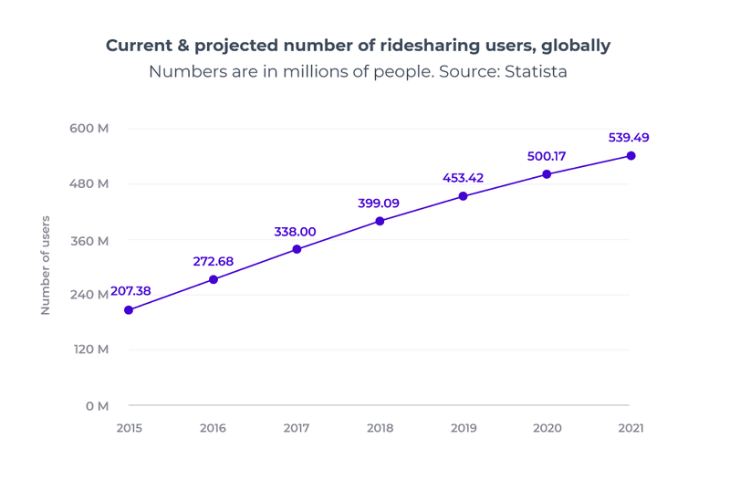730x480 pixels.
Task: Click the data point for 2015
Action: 129,310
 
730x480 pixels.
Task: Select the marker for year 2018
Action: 380,221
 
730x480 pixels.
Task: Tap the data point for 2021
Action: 631,156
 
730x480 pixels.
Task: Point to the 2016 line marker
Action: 214,279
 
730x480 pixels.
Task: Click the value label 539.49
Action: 629,138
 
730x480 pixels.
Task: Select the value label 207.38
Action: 130,291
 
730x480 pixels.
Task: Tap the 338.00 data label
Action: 295,232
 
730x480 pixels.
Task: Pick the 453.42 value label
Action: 463,178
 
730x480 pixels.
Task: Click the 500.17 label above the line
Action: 547,156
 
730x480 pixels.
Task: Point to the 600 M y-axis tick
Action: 89,129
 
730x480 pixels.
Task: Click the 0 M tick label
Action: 97,405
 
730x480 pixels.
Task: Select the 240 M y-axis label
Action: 89,294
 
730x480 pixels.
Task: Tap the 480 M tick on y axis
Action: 89,183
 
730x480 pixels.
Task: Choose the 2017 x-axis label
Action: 297,429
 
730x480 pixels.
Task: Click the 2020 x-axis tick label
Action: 547,429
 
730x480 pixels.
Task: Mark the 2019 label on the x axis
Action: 464,429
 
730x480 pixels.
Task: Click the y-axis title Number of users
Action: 46,266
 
